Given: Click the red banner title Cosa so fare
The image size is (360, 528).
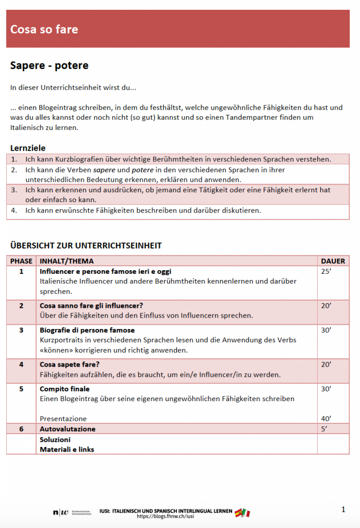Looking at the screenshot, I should tap(44, 29).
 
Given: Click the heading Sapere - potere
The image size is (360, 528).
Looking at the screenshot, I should tap(50, 66).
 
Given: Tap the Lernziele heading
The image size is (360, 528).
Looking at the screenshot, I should tap(28, 148).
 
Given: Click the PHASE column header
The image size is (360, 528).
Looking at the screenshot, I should tap(21, 261).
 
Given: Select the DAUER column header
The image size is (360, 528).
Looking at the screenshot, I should tap(333, 261).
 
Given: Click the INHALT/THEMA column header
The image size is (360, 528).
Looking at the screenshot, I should tap(67, 261).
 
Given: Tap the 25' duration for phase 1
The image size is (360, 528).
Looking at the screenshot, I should tap(326, 271).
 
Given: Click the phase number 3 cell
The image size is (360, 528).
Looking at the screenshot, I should tap(21, 330).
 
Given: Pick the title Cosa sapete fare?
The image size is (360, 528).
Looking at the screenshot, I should tap(70, 365).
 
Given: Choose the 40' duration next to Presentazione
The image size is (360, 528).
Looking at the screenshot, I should tap(326, 419).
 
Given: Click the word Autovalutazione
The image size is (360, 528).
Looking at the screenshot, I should tap(68, 429).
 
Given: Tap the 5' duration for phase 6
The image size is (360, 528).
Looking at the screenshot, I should tap(324, 429).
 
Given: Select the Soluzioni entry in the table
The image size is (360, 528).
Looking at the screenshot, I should tap(55, 440).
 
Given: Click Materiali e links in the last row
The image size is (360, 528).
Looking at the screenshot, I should tap(67, 449).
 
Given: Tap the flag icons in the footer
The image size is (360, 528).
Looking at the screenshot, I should tap(242, 513).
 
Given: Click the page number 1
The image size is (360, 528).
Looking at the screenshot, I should tap(343, 509).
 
